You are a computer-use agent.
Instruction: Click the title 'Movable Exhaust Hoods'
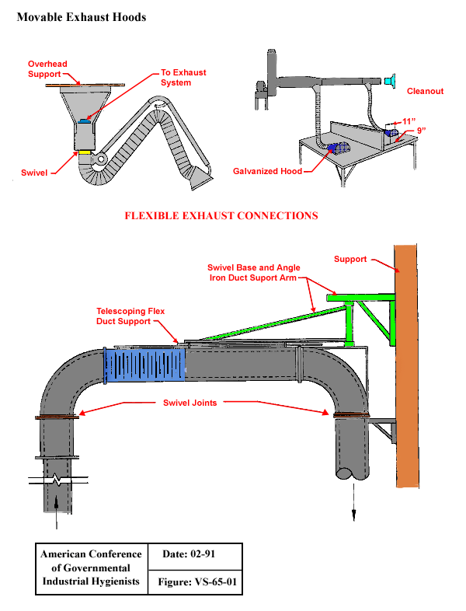pyautogui.click(x=81, y=16)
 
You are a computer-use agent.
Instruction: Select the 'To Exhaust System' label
pyautogui.click(x=183, y=78)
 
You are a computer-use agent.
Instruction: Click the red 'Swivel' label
pyautogui.click(x=35, y=169)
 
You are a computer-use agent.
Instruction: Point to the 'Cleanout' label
pyautogui.click(x=425, y=91)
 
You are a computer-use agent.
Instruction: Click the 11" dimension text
pyautogui.click(x=409, y=121)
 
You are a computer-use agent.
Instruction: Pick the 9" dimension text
pyautogui.click(x=422, y=131)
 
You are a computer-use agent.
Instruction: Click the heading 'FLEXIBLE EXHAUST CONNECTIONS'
pyautogui.click(x=221, y=215)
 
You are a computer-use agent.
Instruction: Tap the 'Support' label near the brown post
pyautogui.click(x=350, y=259)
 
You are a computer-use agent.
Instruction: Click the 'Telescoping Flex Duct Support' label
pyautogui.click(x=130, y=316)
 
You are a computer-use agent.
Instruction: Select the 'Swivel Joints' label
pyautogui.click(x=190, y=403)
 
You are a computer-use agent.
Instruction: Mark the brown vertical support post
pyautogui.click(x=408, y=365)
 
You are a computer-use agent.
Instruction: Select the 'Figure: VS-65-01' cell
pyautogui.click(x=195, y=582)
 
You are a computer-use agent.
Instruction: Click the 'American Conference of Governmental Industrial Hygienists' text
pyautogui.click(x=91, y=568)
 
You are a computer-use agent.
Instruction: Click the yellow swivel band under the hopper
pyautogui.click(x=85, y=152)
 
